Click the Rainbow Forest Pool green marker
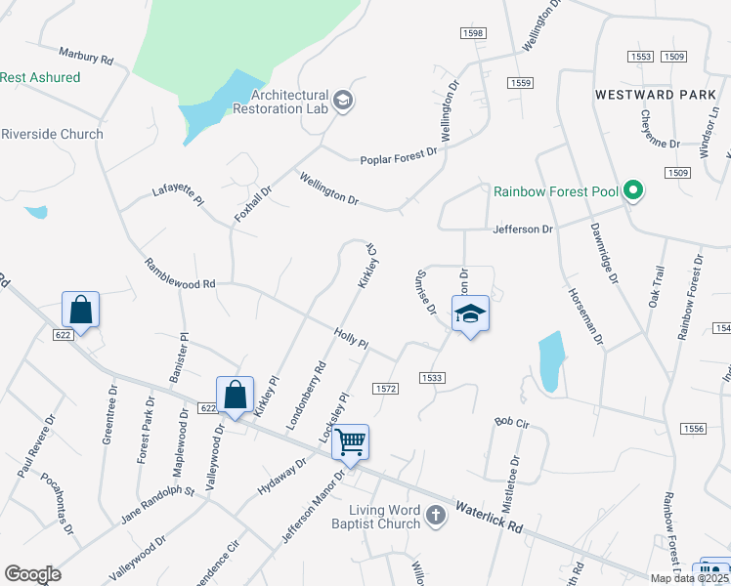pyautogui.click(x=634, y=191)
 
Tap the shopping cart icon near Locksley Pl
pyautogui.click(x=350, y=441)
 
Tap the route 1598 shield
pyautogui.click(x=473, y=33)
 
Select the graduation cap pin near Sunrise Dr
pyautogui.click(x=470, y=314)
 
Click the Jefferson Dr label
pyautogui.click(x=521, y=229)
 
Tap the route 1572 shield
pyautogui.click(x=385, y=388)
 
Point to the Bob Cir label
pyautogui.click(x=511, y=423)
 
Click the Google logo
pyautogui.click(x=32, y=573)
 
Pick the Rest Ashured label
pyautogui.click(x=40, y=77)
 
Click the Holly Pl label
pyautogui.click(x=351, y=339)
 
